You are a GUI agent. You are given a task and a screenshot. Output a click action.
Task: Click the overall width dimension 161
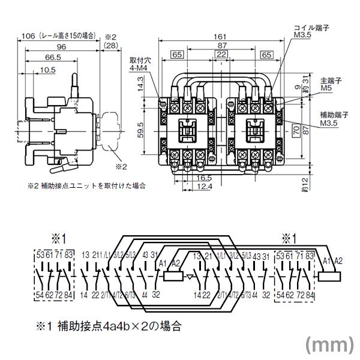[x=219, y=37]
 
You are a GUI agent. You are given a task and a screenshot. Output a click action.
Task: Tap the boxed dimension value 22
[x=221, y=55]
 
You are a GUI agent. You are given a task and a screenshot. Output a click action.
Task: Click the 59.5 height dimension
[x=139, y=129]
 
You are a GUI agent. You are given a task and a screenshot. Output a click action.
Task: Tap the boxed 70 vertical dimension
[x=295, y=128]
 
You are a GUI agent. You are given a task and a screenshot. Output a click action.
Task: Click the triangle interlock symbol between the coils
[x=190, y=277]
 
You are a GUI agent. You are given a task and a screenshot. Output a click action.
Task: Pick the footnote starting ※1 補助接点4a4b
[x=107, y=327]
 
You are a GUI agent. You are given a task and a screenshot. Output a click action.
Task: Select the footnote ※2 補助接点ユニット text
[x=86, y=186]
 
